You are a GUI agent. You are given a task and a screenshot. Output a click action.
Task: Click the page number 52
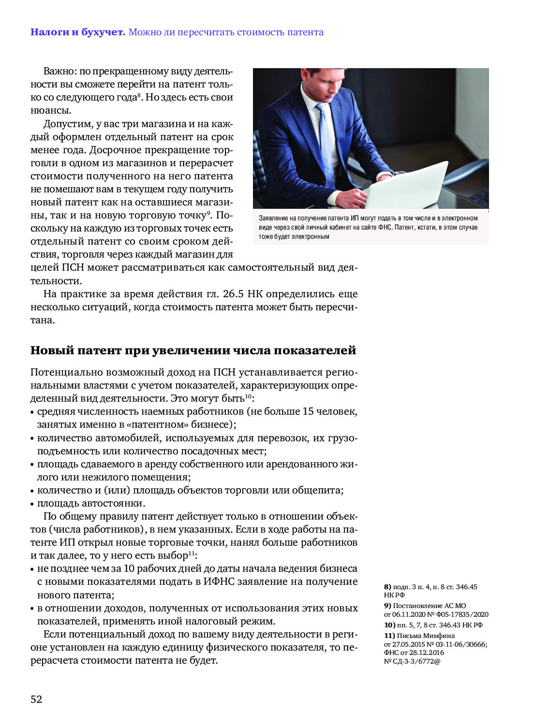[x=36, y=699]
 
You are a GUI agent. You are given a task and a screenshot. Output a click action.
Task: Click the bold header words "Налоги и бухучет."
[x=78, y=32]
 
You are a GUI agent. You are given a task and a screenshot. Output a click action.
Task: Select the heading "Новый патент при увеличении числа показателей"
[x=193, y=350]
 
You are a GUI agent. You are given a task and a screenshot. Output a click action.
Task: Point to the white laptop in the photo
[x=406, y=186]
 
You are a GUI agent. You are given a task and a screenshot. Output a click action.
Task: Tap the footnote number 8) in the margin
[x=387, y=587]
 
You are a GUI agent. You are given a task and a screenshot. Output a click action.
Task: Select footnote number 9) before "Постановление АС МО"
[x=387, y=606]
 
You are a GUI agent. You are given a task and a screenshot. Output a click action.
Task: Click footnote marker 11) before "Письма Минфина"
[x=389, y=636]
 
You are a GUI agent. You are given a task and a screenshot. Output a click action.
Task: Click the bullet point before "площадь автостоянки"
[x=32, y=504]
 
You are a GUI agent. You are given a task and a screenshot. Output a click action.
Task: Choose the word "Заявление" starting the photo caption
[x=274, y=218]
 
